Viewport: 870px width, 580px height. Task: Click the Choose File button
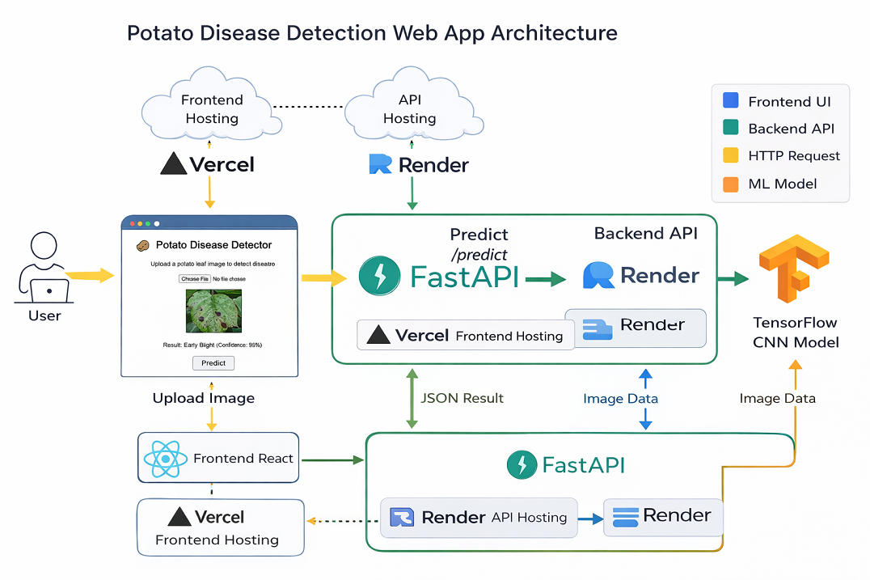pyautogui.click(x=194, y=279)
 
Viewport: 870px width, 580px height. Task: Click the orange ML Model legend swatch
pyautogui.click(x=730, y=184)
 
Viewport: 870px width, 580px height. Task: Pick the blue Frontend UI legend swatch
pyautogui.click(x=730, y=101)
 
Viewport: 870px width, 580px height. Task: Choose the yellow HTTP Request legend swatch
pyautogui.click(x=730, y=156)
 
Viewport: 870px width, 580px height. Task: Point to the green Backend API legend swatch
pyautogui.click(x=730, y=129)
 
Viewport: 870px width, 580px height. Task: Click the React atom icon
pyautogui.click(x=165, y=459)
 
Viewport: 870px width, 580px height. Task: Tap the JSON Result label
pyautogui.click(x=462, y=398)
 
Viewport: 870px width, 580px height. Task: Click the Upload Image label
pyautogui.click(x=204, y=398)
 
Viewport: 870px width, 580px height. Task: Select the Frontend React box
pyautogui.click(x=218, y=459)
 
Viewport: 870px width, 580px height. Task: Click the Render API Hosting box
pyautogui.click(x=479, y=518)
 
